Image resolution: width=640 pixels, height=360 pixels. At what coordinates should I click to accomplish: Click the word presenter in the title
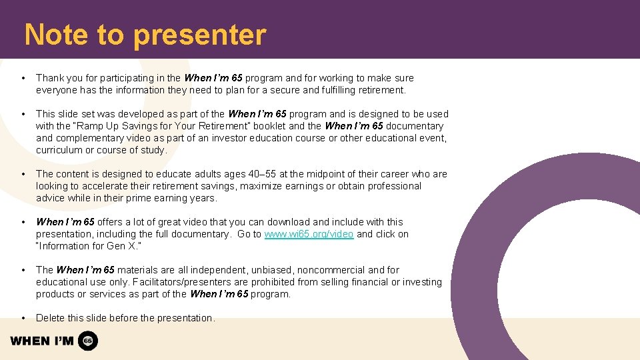[x=199, y=35]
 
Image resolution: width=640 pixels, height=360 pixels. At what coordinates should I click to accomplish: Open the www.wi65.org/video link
[x=309, y=234]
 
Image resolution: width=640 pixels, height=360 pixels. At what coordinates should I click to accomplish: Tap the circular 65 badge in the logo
[x=88, y=341]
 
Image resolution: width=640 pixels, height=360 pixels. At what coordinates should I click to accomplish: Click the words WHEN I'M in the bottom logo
[x=42, y=341]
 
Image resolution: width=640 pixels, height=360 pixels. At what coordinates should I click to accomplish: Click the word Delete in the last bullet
[x=51, y=318]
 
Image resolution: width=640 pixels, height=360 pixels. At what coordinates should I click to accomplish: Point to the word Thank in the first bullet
[x=50, y=78]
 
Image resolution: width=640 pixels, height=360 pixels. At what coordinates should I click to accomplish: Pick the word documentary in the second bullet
[x=411, y=126]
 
